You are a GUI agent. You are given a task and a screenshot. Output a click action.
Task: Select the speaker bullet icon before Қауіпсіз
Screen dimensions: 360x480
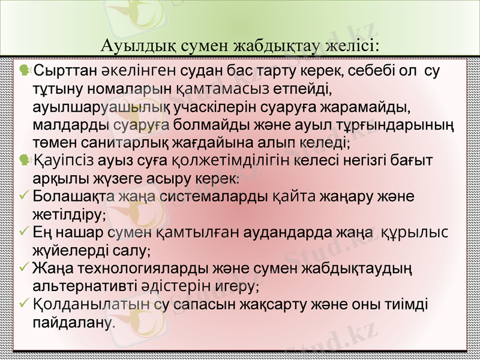25,160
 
